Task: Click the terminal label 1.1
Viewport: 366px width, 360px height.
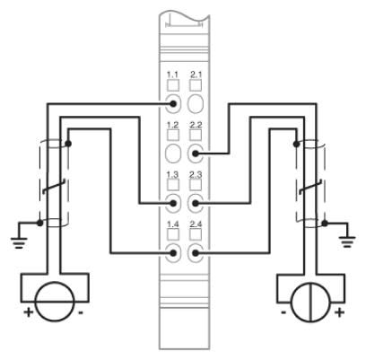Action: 172,75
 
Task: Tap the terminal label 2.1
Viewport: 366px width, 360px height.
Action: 196,75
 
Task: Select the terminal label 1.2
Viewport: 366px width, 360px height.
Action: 172,125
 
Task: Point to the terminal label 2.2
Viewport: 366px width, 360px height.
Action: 196,125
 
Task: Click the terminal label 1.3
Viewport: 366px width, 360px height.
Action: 172,174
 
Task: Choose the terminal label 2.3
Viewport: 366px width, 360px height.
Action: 196,174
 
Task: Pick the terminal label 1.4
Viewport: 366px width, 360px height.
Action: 172,224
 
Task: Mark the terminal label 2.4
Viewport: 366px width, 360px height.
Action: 196,224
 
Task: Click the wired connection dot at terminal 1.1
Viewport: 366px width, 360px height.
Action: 172,104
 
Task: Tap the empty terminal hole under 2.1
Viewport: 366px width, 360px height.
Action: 196,103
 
